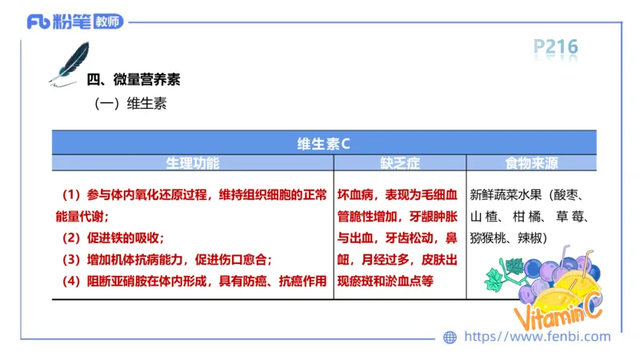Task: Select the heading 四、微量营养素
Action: (x=133, y=80)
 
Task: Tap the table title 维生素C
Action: (x=323, y=144)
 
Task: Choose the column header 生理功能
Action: (x=192, y=162)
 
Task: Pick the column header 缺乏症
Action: (x=400, y=162)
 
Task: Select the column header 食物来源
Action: (x=531, y=162)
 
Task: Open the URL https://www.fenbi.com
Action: (x=537, y=337)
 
